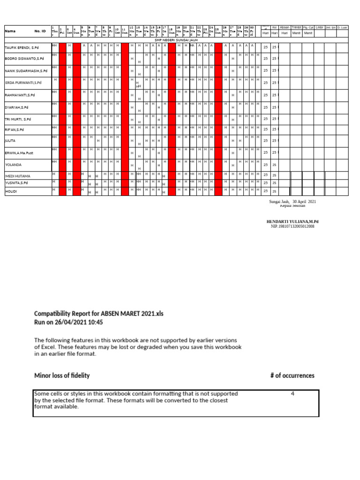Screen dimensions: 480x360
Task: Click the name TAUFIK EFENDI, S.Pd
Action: [22, 48]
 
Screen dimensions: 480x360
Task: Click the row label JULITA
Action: [10, 140]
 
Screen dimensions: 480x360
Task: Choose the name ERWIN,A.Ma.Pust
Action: [19, 153]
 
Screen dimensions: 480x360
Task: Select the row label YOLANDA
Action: [14, 165]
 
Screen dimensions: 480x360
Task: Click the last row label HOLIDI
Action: [11, 191]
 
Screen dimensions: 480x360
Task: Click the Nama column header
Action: [10, 31]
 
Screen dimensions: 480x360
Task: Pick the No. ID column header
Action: [40, 31]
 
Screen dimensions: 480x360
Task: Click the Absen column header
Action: [285, 27]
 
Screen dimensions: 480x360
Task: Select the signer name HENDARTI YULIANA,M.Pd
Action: [295, 221]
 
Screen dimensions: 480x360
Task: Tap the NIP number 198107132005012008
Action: [292, 226]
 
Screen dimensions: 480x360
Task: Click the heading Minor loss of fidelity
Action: [62, 375]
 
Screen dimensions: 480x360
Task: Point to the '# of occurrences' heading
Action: [292, 375]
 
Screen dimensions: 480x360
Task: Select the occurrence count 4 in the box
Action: [292, 394]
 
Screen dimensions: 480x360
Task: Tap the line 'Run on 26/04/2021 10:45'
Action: [68, 322]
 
